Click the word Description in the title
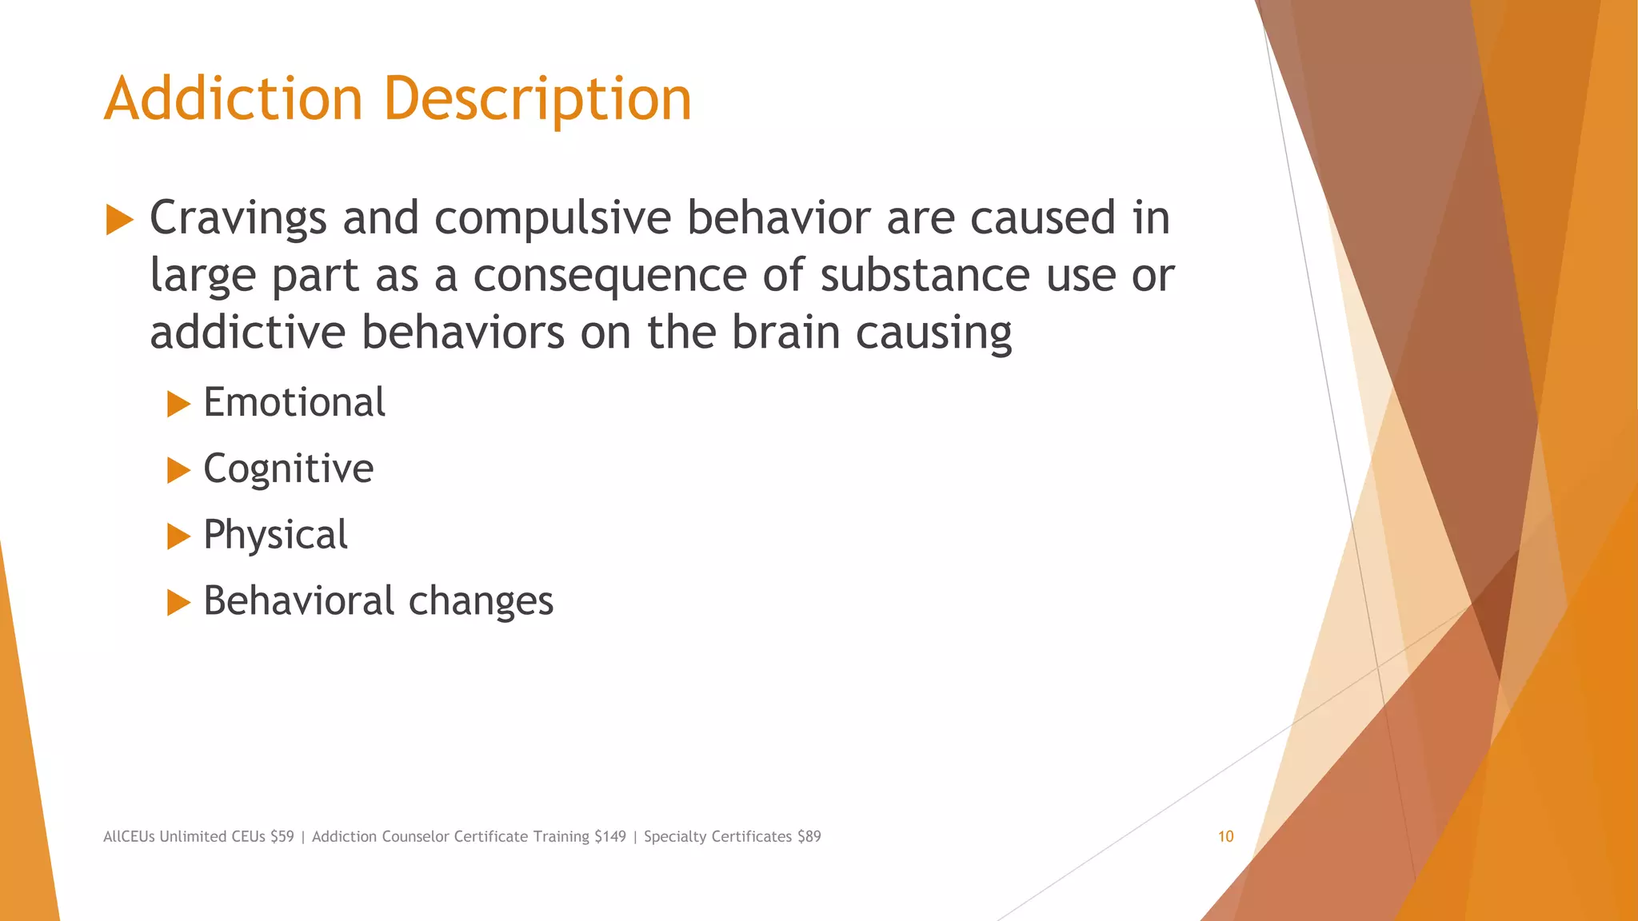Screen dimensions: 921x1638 click(537, 99)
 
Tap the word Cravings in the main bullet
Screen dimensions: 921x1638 click(238, 217)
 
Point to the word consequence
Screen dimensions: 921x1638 click(609, 275)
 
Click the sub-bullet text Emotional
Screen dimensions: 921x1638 click(294, 402)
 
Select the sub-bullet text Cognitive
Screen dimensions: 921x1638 click(288, 468)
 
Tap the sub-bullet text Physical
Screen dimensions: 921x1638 click(275, 535)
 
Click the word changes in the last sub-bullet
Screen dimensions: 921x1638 click(481, 601)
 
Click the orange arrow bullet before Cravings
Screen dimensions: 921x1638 click(119, 220)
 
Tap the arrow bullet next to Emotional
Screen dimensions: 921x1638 click(178, 405)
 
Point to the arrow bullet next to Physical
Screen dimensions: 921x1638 click(178, 536)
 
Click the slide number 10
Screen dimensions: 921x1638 click(1225, 836)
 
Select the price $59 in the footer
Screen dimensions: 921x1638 click(282, 836)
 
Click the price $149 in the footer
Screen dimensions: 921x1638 click(610, 836)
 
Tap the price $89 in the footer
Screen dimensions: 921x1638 click(809, 836)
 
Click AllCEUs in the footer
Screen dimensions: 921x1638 click(129, 836)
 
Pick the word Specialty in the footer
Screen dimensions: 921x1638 click(675, 836)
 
